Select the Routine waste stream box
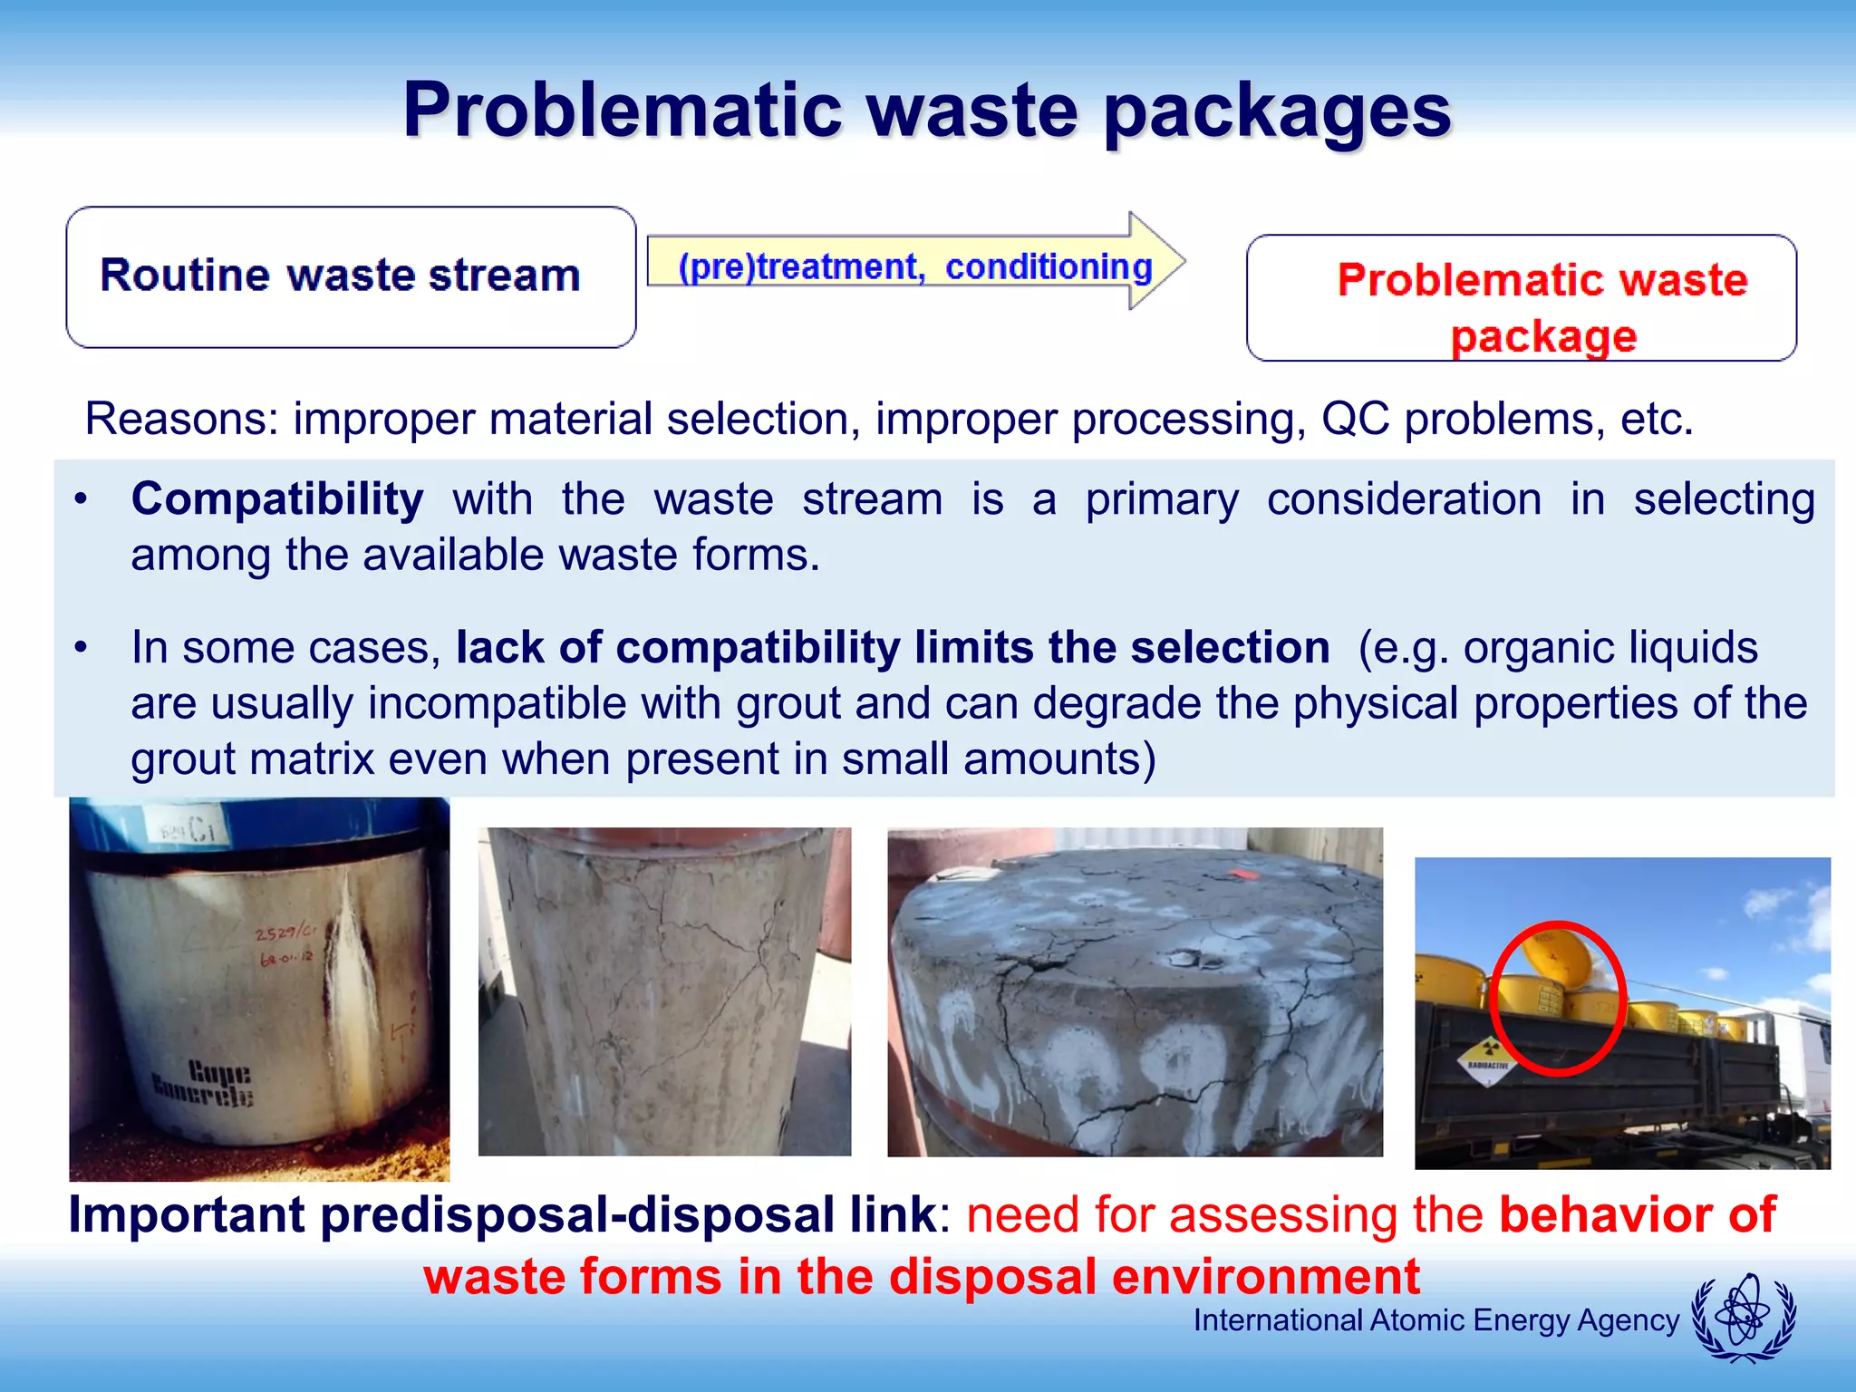[351, 276]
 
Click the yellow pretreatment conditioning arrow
[915, 264]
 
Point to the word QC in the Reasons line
[1355, 419]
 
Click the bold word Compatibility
[276, 499]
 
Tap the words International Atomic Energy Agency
[1435, 1320]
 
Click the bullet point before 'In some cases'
[82, 648]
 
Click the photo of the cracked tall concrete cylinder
[664, 991]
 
